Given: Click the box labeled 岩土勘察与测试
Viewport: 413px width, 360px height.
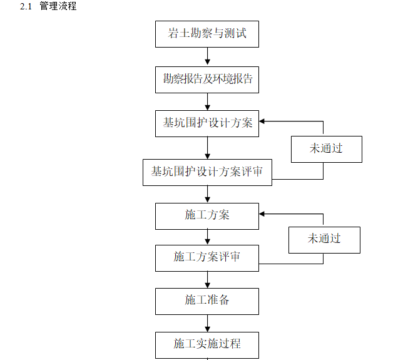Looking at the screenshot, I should (x=206, y=34).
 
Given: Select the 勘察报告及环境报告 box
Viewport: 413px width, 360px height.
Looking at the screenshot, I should (x=206, y=80).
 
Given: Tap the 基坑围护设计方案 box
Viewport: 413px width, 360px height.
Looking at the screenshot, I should (x=206, y=123).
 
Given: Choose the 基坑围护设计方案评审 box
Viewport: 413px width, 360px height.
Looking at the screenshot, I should (x=207, y=172).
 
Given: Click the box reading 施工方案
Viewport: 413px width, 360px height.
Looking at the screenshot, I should (x=206, y=215).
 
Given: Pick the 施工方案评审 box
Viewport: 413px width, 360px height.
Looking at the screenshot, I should (x=206, y=257).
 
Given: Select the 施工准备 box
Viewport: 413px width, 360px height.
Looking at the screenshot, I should (x=206, y=301).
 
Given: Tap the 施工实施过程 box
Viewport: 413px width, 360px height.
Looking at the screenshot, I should (x=206, y=344).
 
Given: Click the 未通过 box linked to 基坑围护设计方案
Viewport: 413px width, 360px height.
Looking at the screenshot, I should (x=326, y=149).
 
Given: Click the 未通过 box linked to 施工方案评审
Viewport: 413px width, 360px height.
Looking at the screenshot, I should (x=324, y=239).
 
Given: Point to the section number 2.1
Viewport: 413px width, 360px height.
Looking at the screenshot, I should (x=25, y=7).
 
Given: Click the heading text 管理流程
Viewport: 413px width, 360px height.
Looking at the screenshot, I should (x=58, y=7).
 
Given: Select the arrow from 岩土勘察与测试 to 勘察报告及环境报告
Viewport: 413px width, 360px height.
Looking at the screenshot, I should (x=207, y=56).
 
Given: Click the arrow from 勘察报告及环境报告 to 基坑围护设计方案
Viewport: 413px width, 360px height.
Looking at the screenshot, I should (x=207, y=101).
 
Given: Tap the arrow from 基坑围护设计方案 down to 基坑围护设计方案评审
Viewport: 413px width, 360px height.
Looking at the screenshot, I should (x=207, y=148).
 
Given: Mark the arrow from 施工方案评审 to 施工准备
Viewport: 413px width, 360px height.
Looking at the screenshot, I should (x=207, y=279).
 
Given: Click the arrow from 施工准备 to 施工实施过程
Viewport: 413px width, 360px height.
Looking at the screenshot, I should (x=207, y=323).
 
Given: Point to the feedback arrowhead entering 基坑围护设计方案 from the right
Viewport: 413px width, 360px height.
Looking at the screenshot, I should (x=263, y=121).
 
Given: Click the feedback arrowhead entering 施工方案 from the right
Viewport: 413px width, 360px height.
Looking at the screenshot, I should (x=263, y=213).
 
